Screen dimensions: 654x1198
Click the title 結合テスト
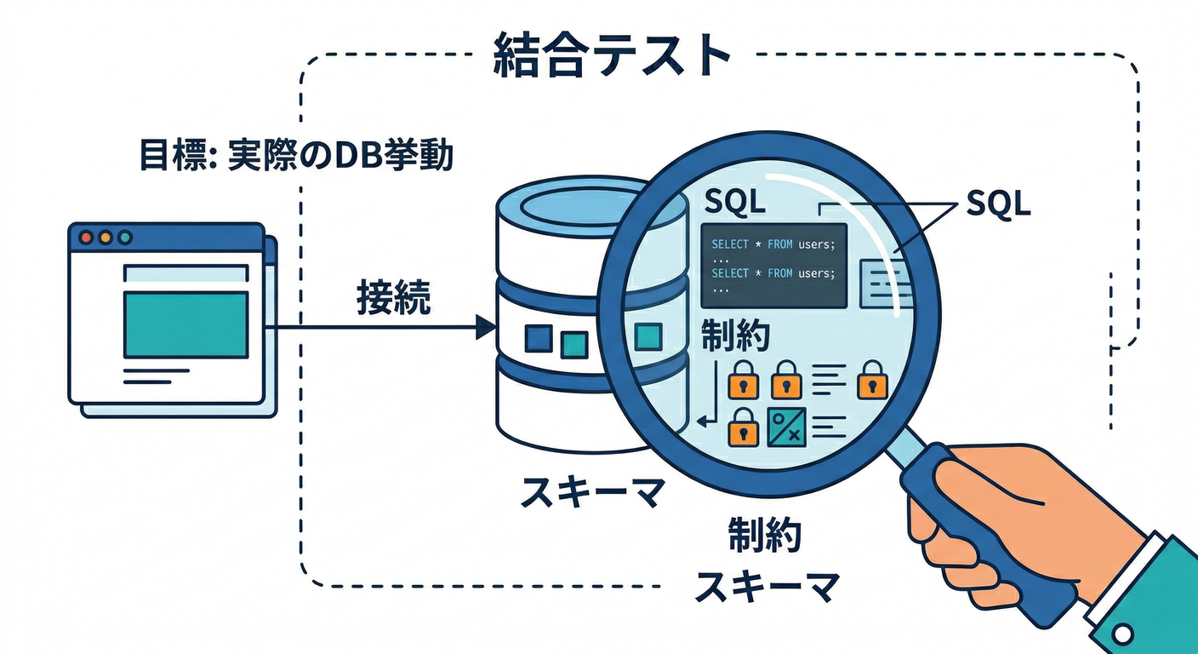[612, 57]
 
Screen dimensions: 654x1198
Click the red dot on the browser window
[85, 238]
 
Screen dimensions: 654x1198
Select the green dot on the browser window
[125, 238]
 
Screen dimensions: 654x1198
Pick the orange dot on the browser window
[105, 238]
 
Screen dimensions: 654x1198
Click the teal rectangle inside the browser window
[185, 324]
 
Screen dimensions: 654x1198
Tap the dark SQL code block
[773, 265]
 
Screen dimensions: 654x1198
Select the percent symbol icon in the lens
[786, 427]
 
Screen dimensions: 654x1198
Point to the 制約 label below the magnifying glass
[765, 535]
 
